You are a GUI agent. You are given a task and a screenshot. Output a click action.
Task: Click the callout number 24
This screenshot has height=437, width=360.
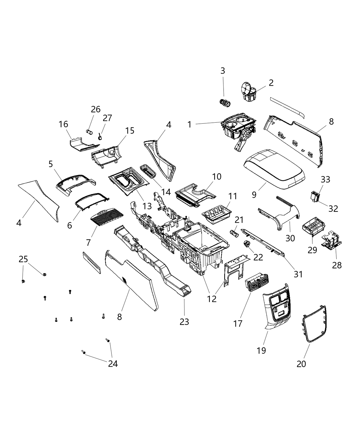point(113,364)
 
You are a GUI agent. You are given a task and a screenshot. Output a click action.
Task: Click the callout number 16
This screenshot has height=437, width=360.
point(63,124)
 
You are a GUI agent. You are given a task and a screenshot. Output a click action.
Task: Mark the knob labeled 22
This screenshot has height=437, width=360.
point(247,245)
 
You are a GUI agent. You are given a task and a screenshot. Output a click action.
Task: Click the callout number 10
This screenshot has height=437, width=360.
point(217,177)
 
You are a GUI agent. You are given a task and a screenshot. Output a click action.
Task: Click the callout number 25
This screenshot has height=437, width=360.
point(23,259)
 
